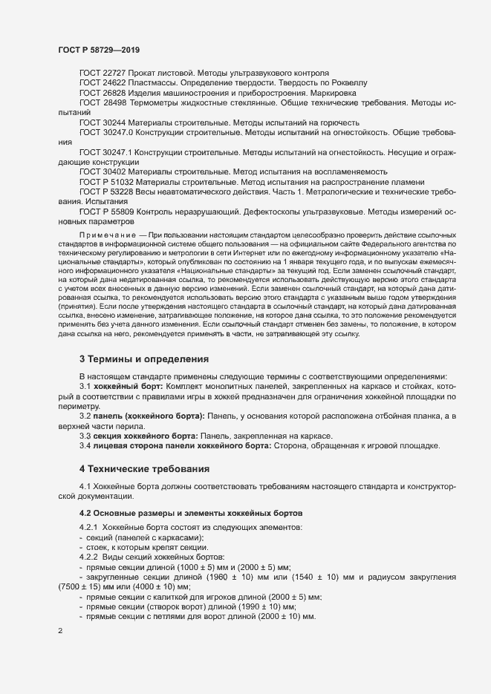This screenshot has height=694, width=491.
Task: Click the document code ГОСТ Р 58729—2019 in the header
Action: point(98,50)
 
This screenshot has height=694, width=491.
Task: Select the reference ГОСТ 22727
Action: point(103,73)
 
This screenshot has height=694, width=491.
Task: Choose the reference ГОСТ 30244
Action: point(103,122)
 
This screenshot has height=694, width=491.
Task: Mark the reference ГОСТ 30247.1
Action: point(105,151)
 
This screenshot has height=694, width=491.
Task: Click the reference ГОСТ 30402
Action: point(103,171)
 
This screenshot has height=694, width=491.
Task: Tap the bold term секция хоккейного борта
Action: point(148,435)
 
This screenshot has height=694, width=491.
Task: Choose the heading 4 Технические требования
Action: point(145,469)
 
